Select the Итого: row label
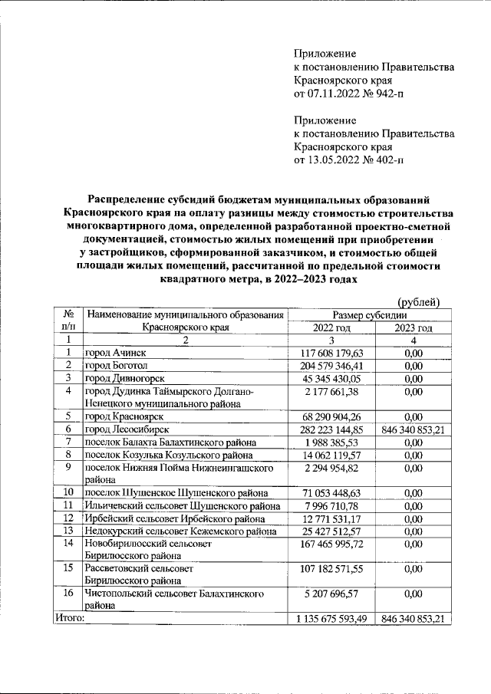tap(69, 618)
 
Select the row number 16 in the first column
tap(68, 593)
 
